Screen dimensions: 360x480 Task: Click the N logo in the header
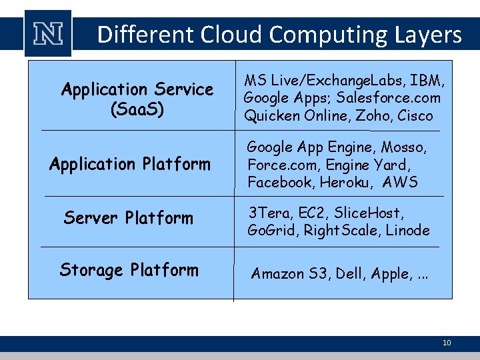[47, 34]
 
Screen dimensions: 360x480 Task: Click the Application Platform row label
[129, 164]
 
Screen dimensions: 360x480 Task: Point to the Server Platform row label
[128, 218]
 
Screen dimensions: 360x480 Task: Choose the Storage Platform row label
[129, 270]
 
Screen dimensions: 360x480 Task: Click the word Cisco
[416, 116]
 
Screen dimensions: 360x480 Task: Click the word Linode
[408, 231]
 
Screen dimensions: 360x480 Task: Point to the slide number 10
[447, 343]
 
